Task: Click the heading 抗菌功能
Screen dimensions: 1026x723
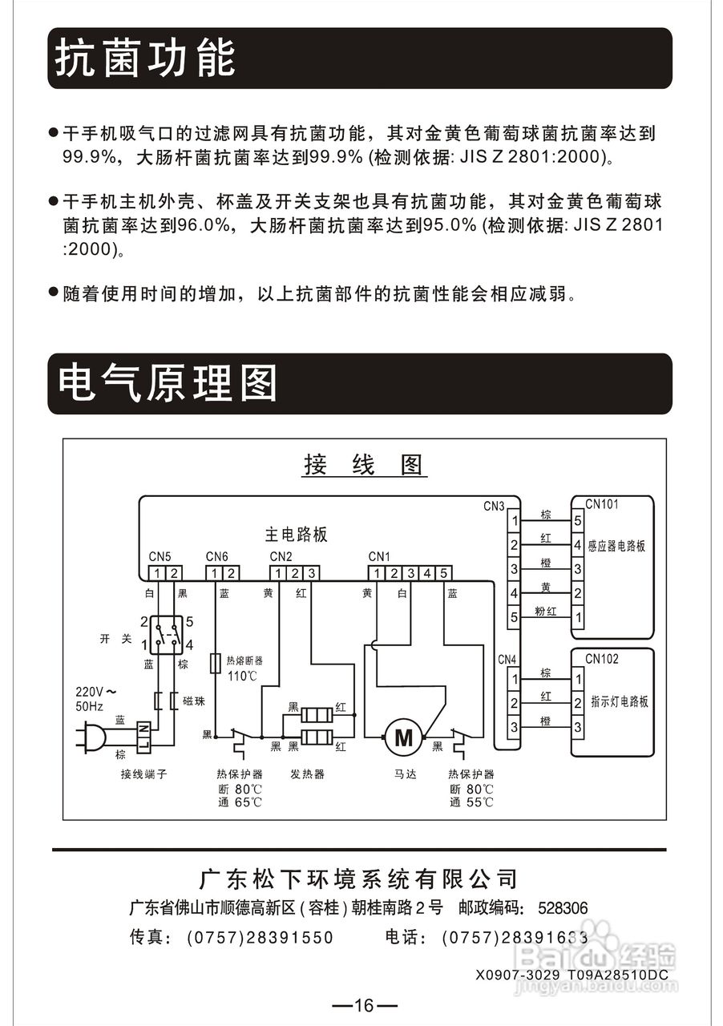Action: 145,59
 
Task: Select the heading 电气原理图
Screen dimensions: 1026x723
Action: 168,383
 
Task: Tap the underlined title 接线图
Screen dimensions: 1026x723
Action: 363,465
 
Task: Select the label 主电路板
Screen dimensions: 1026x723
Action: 297,535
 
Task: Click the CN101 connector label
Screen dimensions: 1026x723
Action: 602,505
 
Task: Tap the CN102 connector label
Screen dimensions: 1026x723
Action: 602,659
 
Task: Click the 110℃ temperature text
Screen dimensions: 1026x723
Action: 242,676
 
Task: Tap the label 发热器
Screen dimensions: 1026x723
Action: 307,774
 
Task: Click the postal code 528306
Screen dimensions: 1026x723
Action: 563,908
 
